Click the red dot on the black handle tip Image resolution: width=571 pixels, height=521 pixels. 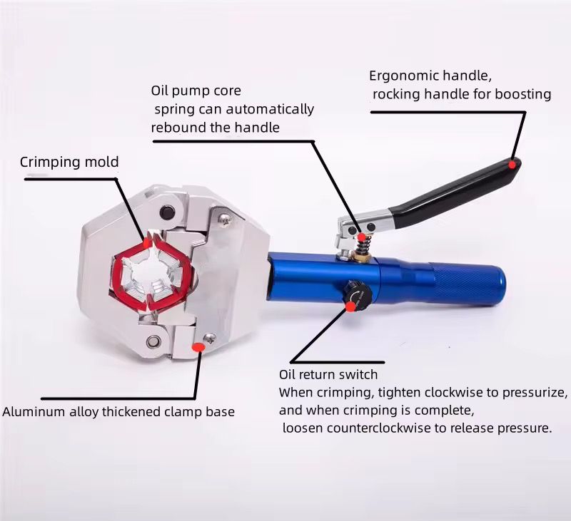[512, 165]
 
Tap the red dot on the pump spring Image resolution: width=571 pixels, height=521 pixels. [362, 237]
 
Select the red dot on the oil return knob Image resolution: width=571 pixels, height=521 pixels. [350, 307]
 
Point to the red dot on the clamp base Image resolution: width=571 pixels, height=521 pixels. [197, 347]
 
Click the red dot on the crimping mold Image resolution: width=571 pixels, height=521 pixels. [146, 242]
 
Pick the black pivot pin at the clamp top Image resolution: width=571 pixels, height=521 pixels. [167, 212]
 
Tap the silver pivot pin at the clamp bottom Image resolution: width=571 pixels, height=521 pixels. [153, 342]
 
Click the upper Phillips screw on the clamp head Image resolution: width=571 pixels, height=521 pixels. [224, 219]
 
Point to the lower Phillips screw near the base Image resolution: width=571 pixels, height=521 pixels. [210, 339]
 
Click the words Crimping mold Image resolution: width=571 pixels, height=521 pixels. [69, 163]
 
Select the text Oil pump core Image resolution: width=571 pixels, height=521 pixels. [196, 91]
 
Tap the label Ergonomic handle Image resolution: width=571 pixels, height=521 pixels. [430, 76]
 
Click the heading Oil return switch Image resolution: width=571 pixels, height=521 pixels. [328, 374]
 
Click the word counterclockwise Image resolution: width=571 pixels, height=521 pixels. [379, 428]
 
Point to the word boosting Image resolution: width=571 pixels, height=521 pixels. [523, 95]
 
